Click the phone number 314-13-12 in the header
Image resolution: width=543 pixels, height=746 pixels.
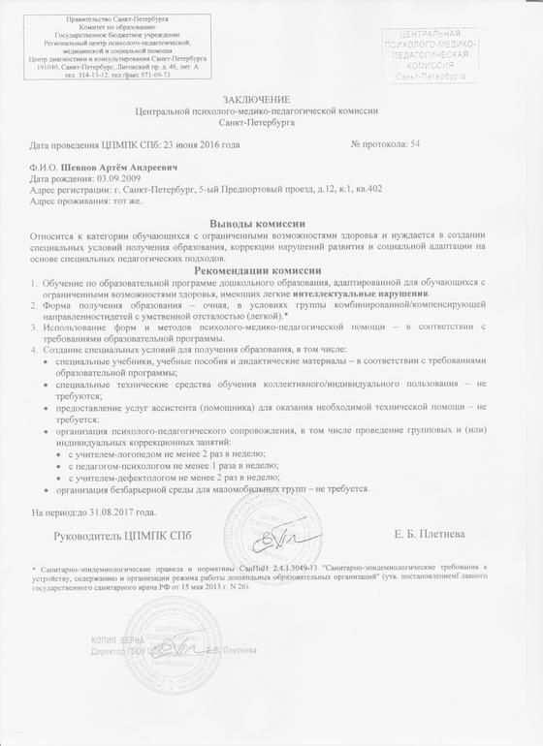pos(92,74)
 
